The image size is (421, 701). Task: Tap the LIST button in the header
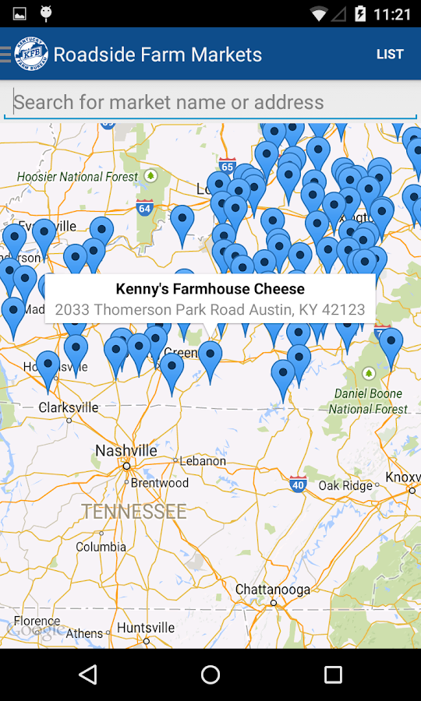[390, 55]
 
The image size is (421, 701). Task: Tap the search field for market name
[210, 102]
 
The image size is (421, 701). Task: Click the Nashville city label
[126, 451]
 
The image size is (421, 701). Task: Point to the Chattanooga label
[273, 590]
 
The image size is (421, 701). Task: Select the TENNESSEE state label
[134, 512]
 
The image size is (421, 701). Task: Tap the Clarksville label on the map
[69, 407]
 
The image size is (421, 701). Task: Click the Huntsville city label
[147, 628]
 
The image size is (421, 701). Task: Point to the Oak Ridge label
[345, 485]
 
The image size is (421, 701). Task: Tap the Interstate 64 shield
[144, 208]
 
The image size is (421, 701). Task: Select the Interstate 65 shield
[228, 166]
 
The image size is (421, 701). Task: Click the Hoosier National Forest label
[77, 177]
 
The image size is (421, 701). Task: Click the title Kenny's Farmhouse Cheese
[210, 289]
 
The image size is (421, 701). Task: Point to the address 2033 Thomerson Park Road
[210, 309]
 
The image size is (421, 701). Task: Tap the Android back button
[88, 675]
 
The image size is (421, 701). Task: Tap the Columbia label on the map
[101, 547]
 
